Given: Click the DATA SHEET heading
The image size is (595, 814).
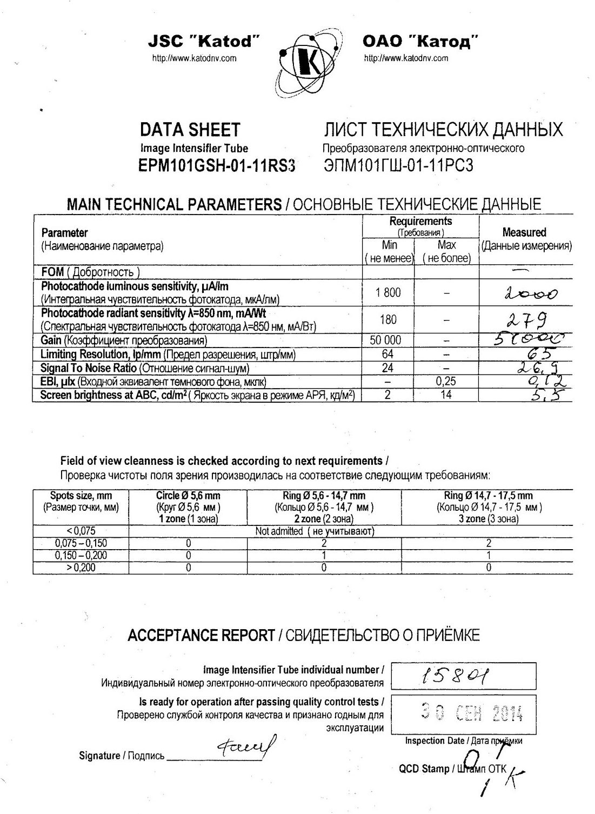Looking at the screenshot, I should (190, 130).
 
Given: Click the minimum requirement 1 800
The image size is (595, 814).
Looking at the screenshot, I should (388, 292).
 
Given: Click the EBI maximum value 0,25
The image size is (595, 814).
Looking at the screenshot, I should (446, 382).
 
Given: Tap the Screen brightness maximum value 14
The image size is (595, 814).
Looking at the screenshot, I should (446, 395).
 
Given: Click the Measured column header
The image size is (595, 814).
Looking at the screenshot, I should (524, 233).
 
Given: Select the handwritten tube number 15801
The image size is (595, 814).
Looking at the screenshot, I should (456, 676).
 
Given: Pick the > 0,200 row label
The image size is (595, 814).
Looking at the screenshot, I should (81, 568).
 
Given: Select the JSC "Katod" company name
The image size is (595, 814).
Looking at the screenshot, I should (205, 41).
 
